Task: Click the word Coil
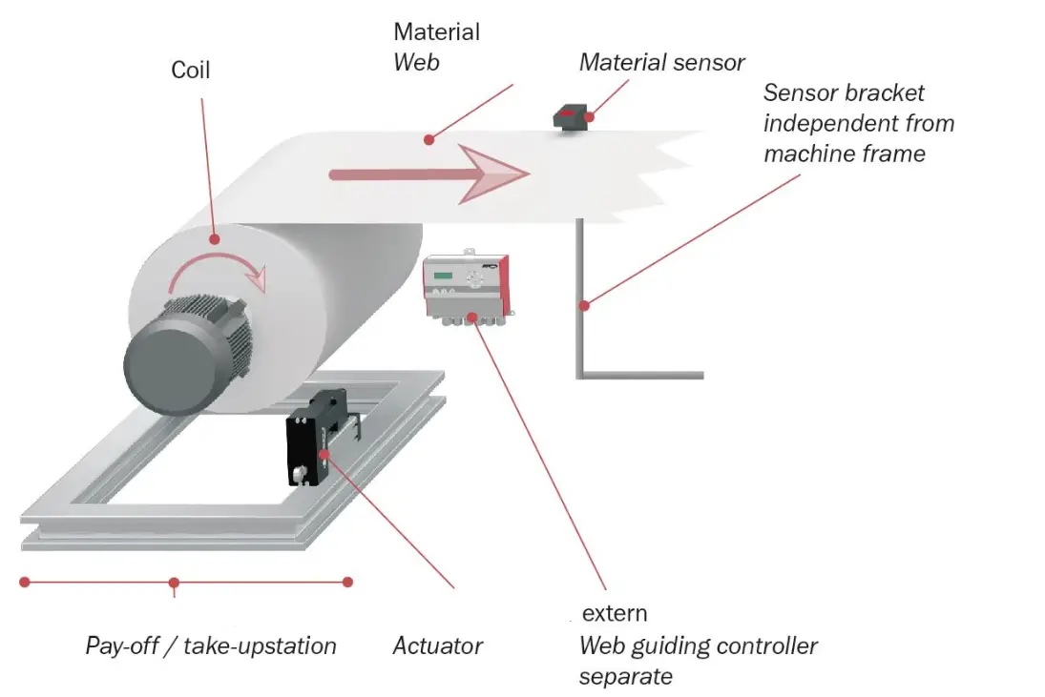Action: coord(190,70)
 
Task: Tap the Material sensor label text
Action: coord(661,63)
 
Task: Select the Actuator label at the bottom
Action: coord(437,646)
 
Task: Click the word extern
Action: coord(614,613)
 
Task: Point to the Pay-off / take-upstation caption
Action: coord(211,646)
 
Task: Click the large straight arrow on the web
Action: coord(428,174)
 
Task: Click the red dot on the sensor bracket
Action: coord(584,306)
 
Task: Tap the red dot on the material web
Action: coord(429,139)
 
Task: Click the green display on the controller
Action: coord(443,277)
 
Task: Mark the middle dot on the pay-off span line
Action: coord(174,582)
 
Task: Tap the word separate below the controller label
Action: coord(625,676)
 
